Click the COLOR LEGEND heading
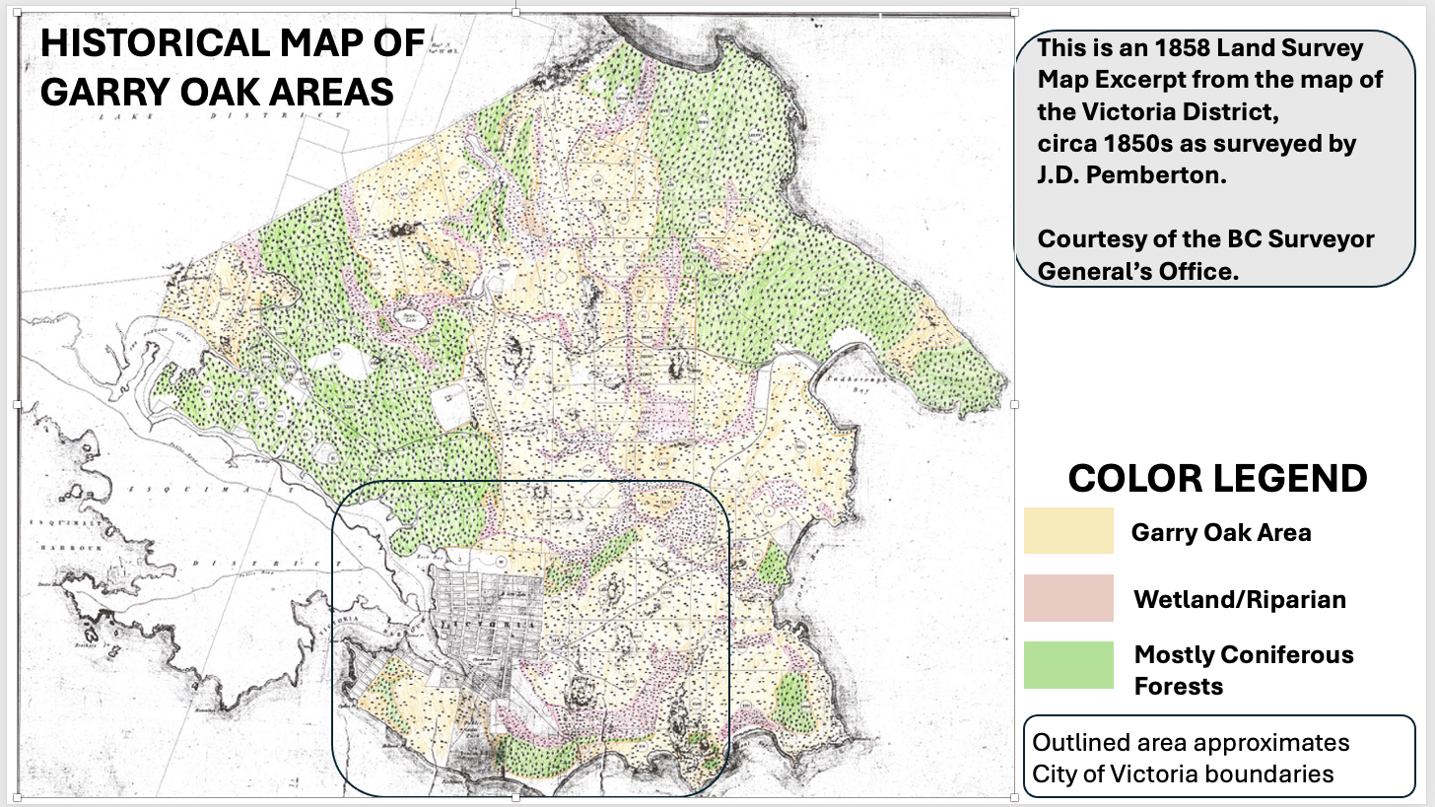tap(1217, 479)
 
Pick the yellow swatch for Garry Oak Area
tap(1068, 531)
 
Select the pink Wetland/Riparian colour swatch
tap(1068, 598)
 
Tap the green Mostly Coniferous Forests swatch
tap(1068, 665)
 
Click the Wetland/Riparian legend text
tap(1239, 599)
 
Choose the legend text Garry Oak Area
tap(1220, 533)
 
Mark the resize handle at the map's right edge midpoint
tap(1015, 404)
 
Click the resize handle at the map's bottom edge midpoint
tap(516, 796)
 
